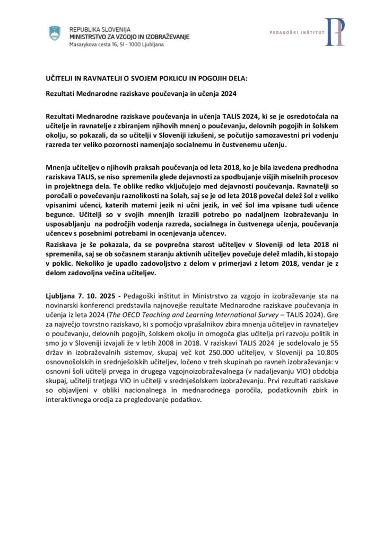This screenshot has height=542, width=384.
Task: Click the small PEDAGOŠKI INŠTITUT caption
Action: (x=296, y=31)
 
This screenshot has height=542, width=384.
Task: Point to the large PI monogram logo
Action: (x=334, y=32)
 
